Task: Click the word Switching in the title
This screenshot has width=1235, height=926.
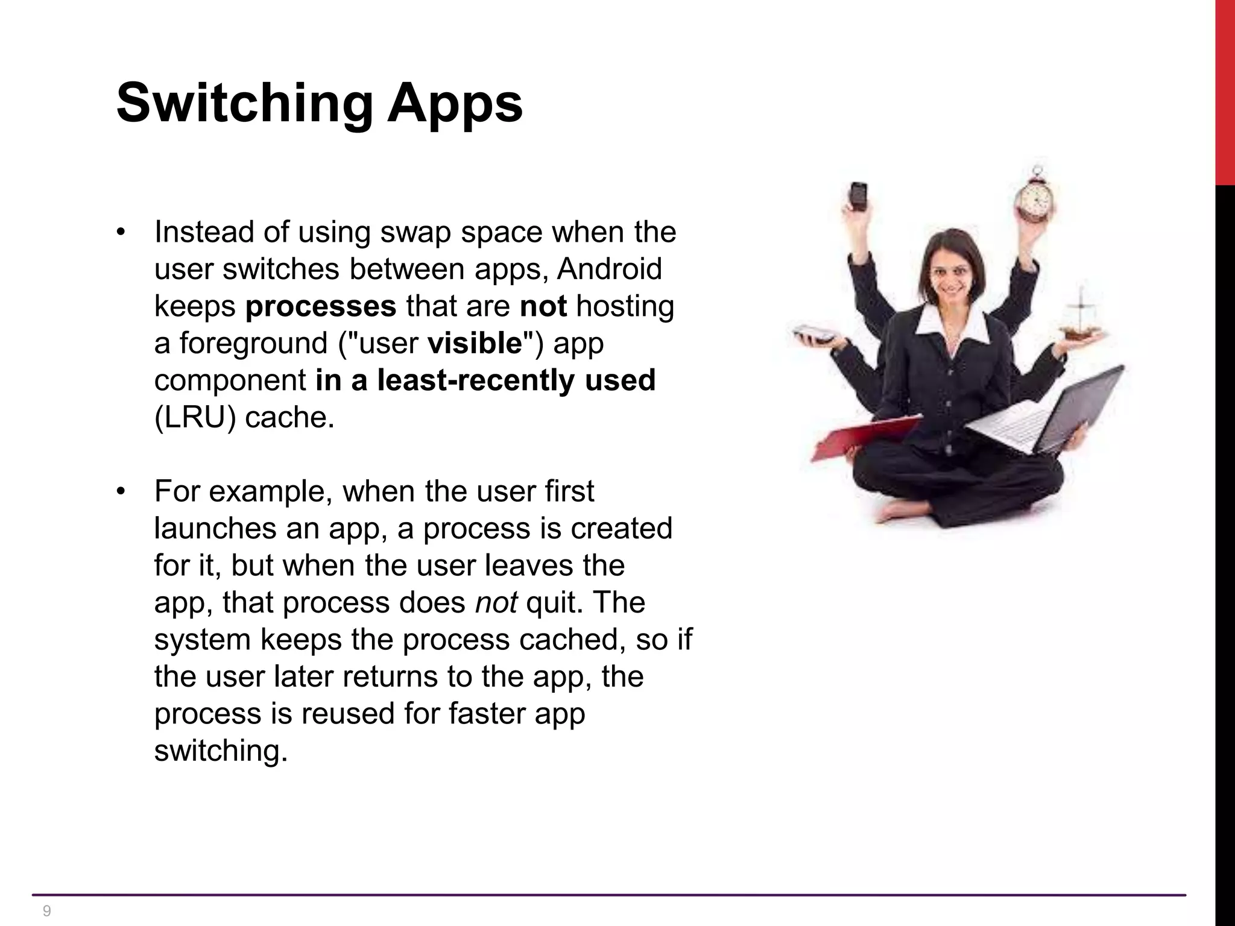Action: pyautogui.click(x=244, y=104)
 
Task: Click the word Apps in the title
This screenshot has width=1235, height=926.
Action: pyautogui.click(x=455, y=104)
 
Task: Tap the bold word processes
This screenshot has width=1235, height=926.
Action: pyautogui.click(x=321, y=306)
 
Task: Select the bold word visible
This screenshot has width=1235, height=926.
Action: pyautogui.click(x=475, y=344)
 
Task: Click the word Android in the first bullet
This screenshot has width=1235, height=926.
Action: pyautogui.click(x=609, y=269)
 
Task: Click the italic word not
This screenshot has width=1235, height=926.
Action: pyautogui.click(x=496, y=603)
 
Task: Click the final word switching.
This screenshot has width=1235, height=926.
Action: pyautogui.click(x=221, y=751)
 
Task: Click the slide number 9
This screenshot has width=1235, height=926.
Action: pyautogui.click(x=47, y=911)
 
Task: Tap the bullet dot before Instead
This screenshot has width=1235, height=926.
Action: pyautogui.click(x=121, y=233)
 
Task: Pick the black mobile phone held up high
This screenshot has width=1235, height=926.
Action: pyautogui.click(x=858, y=196)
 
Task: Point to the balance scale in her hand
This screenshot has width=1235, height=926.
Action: pyautogui.click(x=1081, y=320)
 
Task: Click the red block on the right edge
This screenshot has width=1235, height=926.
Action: pyautogui.click(x=1225, y=90)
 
